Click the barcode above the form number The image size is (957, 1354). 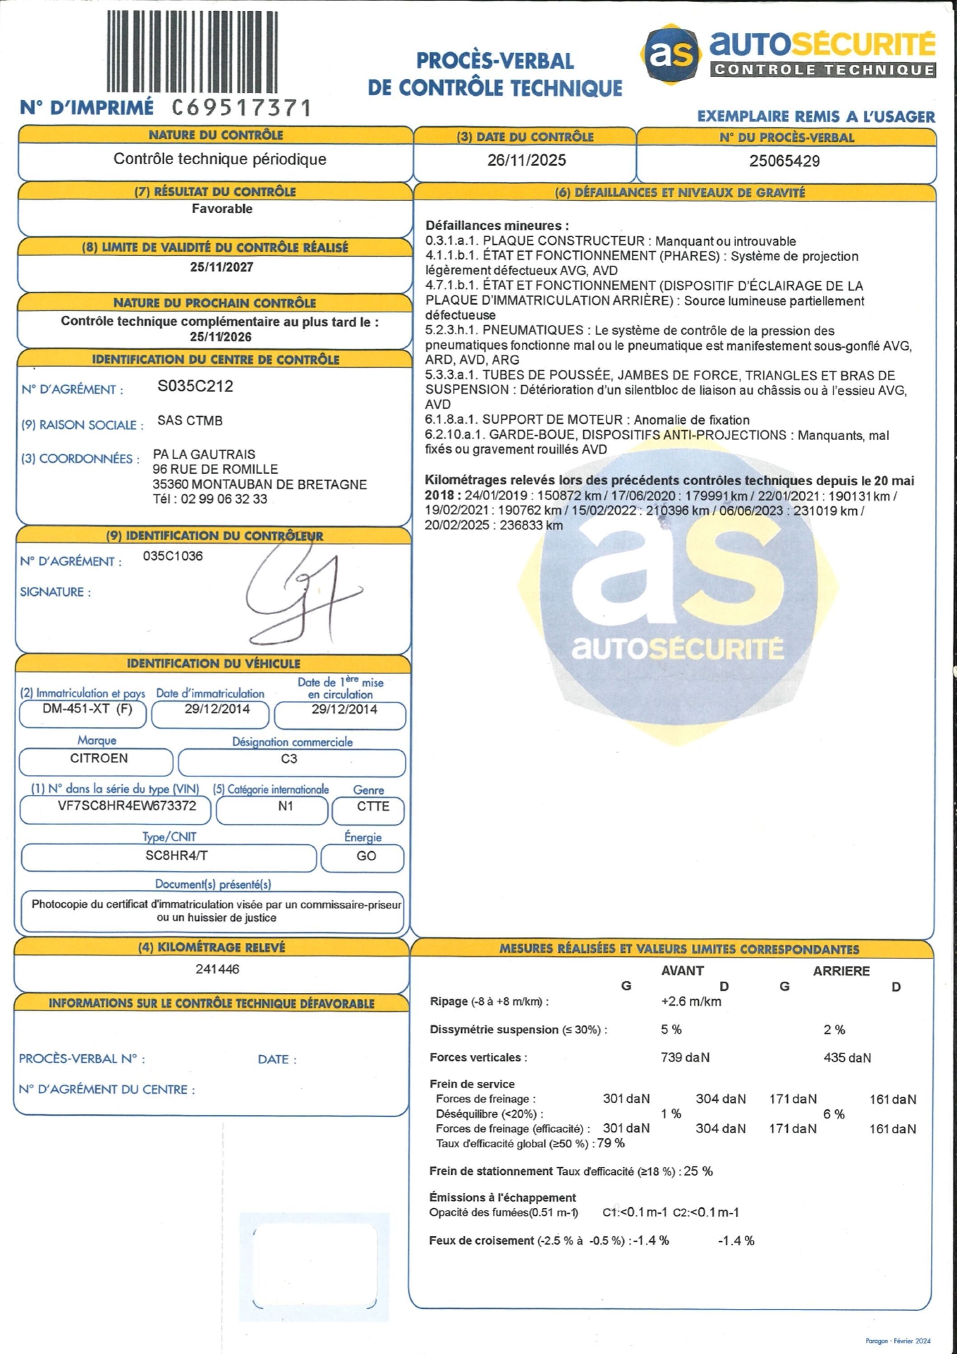(x=192, y=52)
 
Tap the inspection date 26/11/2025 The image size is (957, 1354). (x=526, y=160)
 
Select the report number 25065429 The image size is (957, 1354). (x=784, y=161)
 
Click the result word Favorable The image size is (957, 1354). (x=222, y=209)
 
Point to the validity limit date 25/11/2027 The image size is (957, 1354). (x=221, y=267)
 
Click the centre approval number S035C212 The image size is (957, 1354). (x=195, y=386)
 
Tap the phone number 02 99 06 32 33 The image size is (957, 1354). (x=223, y=499)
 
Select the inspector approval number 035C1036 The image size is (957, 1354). (x=173, y=556)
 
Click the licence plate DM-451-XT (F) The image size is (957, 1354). (x=87, y=709)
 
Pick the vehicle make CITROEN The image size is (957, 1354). (x=98, y=758)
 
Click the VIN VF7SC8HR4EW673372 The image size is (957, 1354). (x=127, y=806)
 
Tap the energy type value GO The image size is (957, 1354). (x=366, y=856)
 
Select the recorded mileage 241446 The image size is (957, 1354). (x=217, y=969)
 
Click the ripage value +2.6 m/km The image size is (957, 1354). (x=691, y=1002)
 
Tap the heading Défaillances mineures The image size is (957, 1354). (x=497, y=225)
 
